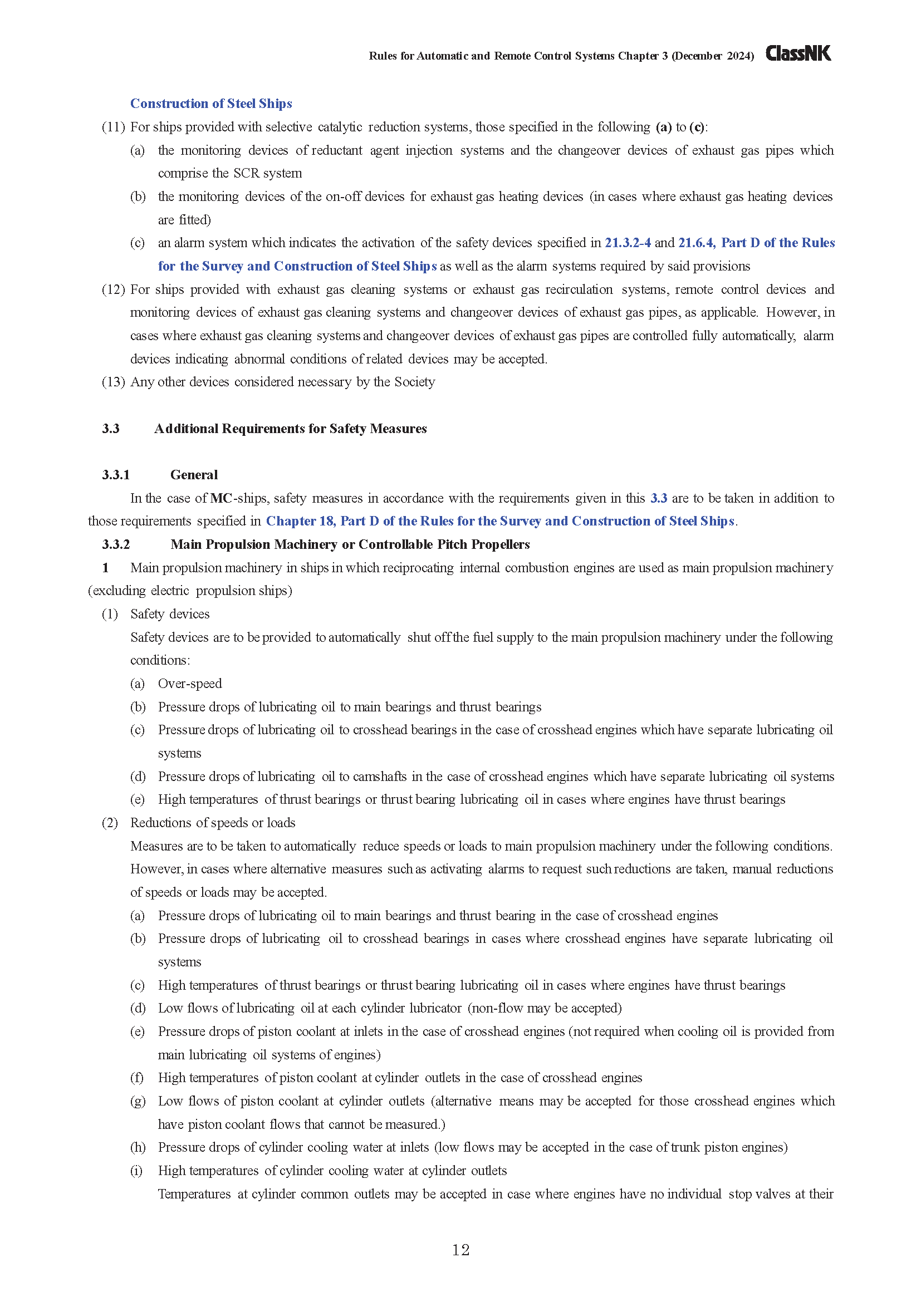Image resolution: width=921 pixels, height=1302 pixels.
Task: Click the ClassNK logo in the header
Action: [x=798, y=53]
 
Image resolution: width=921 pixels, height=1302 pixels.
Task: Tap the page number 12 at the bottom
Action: [x=461, y=1250]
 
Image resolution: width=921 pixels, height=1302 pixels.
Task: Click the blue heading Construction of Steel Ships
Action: [x=211, y=103]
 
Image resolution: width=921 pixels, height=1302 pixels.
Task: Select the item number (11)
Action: [x=113, y=127]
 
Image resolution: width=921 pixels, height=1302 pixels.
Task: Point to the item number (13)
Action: [x=113, y=382]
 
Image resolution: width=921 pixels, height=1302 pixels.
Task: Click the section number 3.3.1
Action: [x=116, y=475]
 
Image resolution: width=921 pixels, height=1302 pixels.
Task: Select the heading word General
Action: [x=194, y=475]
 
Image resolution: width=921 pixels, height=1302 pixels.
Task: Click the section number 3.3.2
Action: [x=116, y=544]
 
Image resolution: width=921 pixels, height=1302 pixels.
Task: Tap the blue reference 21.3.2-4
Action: [x=627, y=243]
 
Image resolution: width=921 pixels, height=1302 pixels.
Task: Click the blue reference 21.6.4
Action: [x=697, y=243]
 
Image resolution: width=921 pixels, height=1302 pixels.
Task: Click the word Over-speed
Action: [x=190, y=684]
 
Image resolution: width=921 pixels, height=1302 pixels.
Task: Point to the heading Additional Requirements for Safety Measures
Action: [x=290, y=429]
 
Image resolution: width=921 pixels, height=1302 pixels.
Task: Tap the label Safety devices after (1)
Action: [x=170, y=614]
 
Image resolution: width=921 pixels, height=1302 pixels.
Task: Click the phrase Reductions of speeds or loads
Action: [x=213, y=823]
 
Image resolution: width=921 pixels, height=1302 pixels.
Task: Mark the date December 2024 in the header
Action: [x=713, y=56]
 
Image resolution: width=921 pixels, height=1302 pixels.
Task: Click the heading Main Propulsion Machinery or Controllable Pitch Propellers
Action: [x=350, y=544]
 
